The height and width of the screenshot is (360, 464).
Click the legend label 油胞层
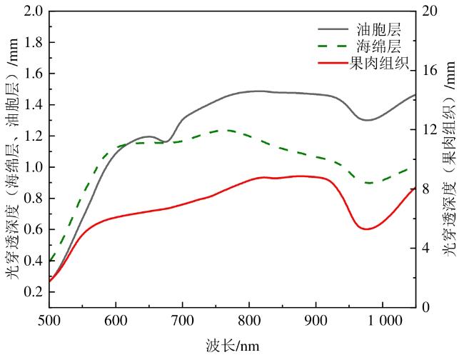point(378,31)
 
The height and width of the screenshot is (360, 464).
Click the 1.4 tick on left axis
point(33,105)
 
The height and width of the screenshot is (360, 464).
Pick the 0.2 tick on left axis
point(33,292)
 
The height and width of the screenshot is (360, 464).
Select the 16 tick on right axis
point(428,71)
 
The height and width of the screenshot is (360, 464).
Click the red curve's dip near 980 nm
point(367,229)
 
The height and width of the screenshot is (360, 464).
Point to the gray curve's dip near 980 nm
point(367,120)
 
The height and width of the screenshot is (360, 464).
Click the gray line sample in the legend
point(332,31)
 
